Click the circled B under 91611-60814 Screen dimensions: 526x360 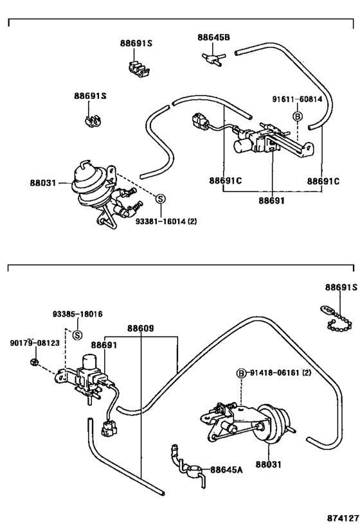click(298, 116)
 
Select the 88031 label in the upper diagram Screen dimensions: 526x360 click(42, 183)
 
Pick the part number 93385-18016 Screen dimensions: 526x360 click(77, 314)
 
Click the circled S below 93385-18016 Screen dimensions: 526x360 click(77, 335)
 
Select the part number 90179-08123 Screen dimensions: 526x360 click(35, 344)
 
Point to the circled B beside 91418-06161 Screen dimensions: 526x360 click(242, 373)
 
